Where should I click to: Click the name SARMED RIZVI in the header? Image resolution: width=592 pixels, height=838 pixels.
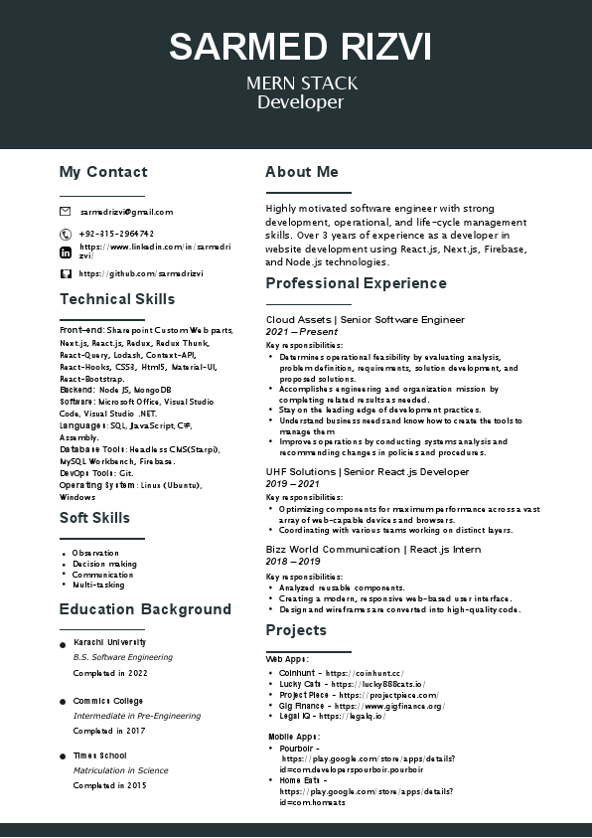pos(300,48)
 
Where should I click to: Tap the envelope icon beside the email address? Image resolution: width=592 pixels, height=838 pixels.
pos(66,212)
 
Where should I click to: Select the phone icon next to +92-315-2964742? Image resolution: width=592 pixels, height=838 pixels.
pos(66,234)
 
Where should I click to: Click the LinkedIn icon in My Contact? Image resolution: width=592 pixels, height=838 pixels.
pos(66,252)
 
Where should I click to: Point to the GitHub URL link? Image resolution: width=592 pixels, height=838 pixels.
pos(141,273)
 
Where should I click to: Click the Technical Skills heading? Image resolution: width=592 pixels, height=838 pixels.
pos(117,299)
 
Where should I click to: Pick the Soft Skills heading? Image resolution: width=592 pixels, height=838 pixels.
pos(94,518)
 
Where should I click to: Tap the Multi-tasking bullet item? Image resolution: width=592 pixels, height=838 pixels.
pos(98,586)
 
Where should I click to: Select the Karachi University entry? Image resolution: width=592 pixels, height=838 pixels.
pos(109,642)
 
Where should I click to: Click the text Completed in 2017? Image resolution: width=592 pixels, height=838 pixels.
pos(109,731)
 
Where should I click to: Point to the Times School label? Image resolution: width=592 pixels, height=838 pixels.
pos(100,755)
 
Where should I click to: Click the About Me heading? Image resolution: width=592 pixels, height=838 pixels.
pos(302,172)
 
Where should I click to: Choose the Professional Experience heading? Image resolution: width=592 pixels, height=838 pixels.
pos(356,283)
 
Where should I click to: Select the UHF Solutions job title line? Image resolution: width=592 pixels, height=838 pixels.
pos(368,472)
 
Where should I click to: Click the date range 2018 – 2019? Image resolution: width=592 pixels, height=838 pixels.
pos(293,562)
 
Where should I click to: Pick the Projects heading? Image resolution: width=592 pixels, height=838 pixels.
pos(296,630)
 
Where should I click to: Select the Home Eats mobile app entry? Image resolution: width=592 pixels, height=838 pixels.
pos(298,780)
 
